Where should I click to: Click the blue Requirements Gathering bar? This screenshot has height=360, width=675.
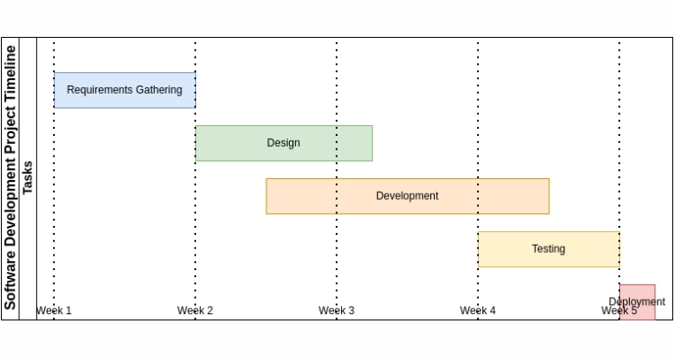[124, 90]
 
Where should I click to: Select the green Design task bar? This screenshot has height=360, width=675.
[283, 143]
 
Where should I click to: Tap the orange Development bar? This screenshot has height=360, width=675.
[407, 196]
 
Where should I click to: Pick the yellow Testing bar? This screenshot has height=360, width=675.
[548, 249]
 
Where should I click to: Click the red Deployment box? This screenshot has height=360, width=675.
[637, 301]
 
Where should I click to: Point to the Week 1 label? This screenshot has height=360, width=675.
[54, 310]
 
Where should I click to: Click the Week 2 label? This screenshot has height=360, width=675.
[195, 310]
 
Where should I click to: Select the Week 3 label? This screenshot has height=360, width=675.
[337, 310]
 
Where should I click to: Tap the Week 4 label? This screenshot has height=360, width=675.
[478, 310]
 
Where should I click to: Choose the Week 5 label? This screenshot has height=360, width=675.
[619, 311]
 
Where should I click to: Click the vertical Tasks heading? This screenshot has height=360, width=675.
[28, 178]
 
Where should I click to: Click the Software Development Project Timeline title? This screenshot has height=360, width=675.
[10, 178]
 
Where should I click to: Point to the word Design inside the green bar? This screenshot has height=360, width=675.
[283, 143]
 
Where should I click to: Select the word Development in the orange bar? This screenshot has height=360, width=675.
[407, 196]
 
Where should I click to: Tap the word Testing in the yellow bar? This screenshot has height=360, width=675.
[548, 249]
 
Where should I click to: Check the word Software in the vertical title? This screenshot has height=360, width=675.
[10, 280]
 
